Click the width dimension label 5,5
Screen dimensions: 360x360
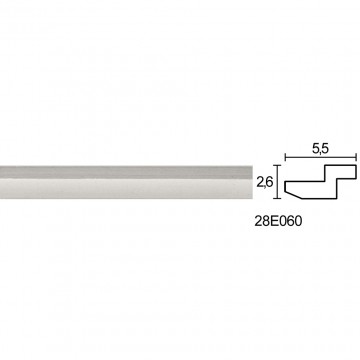point(320,149)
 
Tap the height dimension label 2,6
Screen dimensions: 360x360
point(266,182)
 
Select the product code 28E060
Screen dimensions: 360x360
point(278,222)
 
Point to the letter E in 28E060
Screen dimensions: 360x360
point(274,222)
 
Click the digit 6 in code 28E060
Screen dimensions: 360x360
point(290,222)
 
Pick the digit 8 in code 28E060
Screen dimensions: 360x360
point(266,222)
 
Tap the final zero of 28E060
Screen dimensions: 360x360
point(298,222)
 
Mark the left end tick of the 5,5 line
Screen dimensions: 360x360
point(285,157)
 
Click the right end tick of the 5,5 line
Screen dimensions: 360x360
point(356,157)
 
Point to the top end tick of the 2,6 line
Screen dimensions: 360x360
point(277,165)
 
